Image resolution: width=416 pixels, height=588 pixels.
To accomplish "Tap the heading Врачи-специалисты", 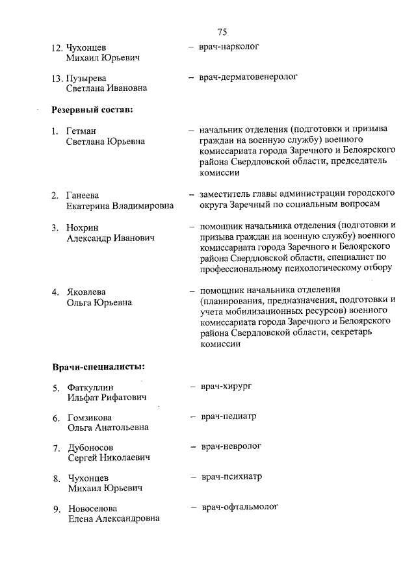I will (x=98, y=367).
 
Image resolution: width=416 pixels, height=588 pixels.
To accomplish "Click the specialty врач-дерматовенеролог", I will (x=248, y=77).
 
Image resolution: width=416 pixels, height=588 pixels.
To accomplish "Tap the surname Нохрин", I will (x=83, y=228).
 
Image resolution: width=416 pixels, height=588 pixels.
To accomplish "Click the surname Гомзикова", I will (x=90, y=417).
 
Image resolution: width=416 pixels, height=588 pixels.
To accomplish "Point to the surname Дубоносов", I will (x=91, y=448).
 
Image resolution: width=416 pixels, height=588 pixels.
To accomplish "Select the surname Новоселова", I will (x=94, y=508).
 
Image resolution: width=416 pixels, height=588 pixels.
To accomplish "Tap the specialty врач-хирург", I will (x=226, y=386).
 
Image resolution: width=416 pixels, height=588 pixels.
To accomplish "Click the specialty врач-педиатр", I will (x=228, y=416).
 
